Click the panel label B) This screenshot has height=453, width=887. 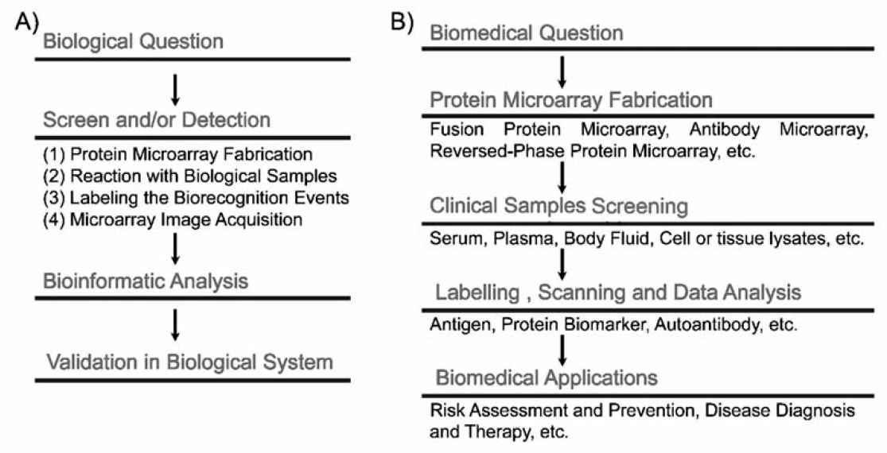tap(403, 22)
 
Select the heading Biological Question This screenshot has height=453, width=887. tap(134, 41)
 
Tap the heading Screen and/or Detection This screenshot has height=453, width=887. tap(157, 120)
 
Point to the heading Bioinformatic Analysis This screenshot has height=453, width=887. tap(146, 281)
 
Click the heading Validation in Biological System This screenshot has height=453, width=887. tap(189, 362)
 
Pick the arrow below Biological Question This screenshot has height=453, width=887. tap(175, 88)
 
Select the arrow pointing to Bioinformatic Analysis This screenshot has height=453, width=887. tap(175, 248)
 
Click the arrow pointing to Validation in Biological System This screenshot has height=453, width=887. tap(175, 324)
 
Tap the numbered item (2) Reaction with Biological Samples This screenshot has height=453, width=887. tap(190, 176)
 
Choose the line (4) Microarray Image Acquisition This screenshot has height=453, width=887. tap(173, 219)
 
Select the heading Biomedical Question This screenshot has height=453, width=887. tap(527, 33)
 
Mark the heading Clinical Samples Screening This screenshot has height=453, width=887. tap(559, 206)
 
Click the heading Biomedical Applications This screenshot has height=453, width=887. tap(547, 377)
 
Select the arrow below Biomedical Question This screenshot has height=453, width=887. tap(562, 72)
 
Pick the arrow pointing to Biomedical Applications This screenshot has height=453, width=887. tap(562, 351)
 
